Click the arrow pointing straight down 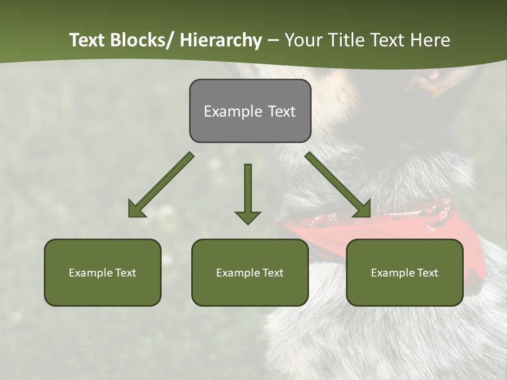pyautogui.click(x=248, y=190)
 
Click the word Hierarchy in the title pyautogui.click(x=221, y=40)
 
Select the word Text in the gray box pyautogui.click(x=281, y=111)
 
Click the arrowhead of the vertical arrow pyautogui.click(x=248, y=217)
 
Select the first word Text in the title pyautogui.click(x=88, y=40)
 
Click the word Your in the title pyautogui.click(x=302, y=40)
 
